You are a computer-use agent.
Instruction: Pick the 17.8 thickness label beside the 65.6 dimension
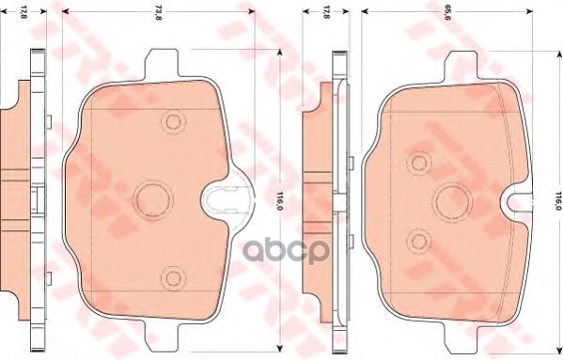click(x=325, y=12)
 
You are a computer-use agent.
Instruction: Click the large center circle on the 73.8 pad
click(x=152, y=198)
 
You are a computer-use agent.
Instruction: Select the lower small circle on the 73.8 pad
click(x=171, y=275)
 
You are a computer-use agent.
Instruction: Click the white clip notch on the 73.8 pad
click(x=224, y=198)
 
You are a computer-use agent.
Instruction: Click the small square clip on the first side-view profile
click(x=35, y=198)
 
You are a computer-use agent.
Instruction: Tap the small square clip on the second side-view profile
click(x=336, y=198)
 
